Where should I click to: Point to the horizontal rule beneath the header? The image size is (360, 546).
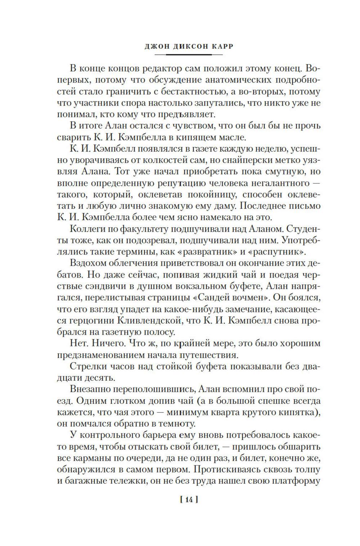coord(188,55)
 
